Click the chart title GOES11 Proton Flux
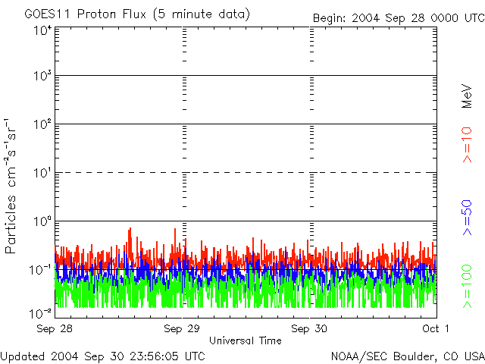(x=136, y=14)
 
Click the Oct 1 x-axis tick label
(x=435, y=328)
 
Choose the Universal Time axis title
(x=246, y=340)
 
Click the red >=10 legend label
(x=468, y=145)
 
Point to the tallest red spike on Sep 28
(x=130, y=228)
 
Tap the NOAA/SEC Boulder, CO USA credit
(x=407, y=356)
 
